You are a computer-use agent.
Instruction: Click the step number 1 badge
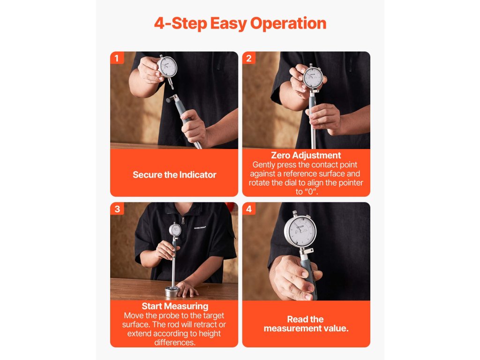[x=117, y=58]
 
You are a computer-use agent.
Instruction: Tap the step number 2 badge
[x=249, y=58]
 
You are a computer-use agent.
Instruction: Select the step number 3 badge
[x=117, y=209]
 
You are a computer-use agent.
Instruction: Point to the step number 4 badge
[x=249, y=209]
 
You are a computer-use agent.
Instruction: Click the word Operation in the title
[x=288, y=24]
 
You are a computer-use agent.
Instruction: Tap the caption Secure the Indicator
[x=174, y=175]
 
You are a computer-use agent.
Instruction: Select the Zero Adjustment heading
[x=306, y=155]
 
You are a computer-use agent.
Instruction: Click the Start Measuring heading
[x=175, y=306]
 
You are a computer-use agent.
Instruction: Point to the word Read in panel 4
[x=296, y=319]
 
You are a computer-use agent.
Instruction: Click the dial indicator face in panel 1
[x=167, y=67]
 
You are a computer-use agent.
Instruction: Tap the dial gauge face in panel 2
[x=313, y=77]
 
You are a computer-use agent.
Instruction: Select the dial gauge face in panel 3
[x=175, y=230]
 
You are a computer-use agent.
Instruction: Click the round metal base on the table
[x=172, y=292]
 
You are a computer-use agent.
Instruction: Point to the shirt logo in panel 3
[x=200, y=227]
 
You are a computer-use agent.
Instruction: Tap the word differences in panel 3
[x=175, y=342]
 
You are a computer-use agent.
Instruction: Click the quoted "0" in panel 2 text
[x=311, y=192]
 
